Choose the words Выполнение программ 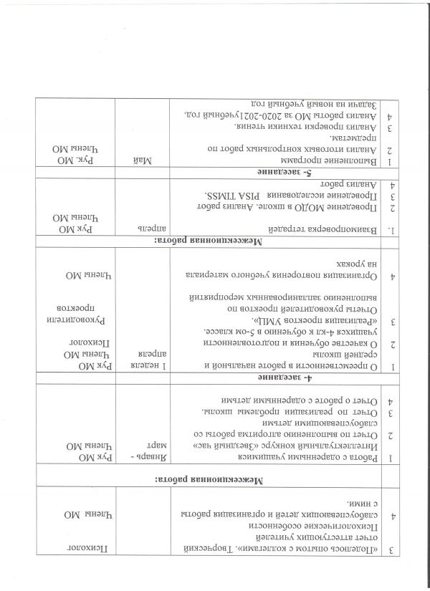[x=337, y=161]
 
